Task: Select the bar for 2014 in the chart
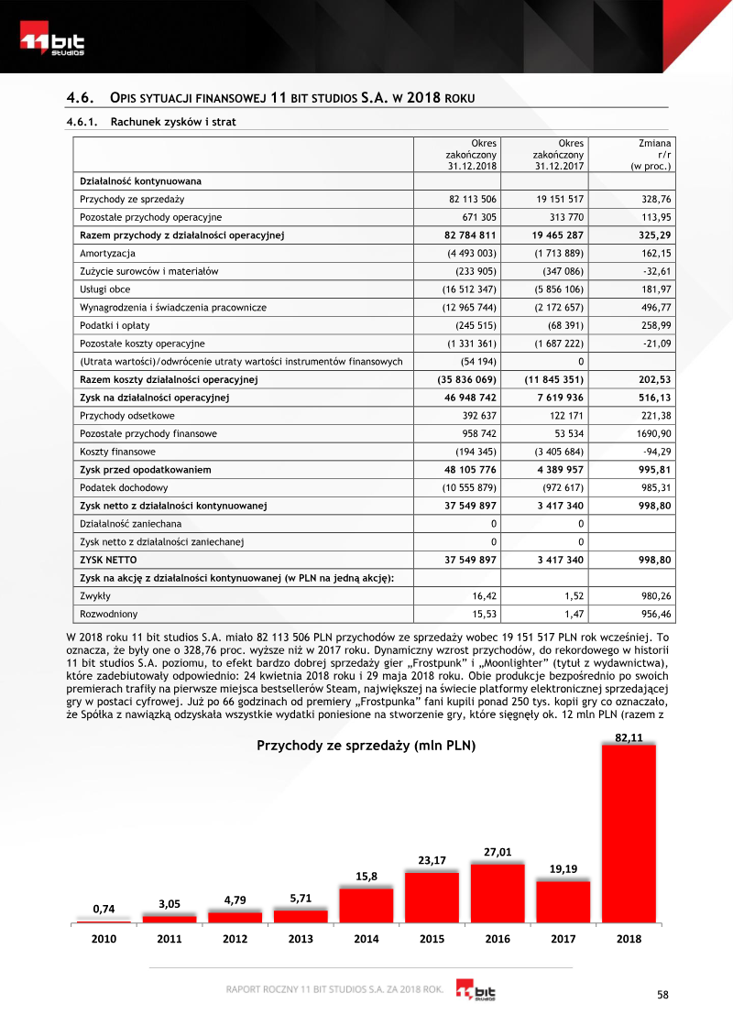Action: (x=366, y=904)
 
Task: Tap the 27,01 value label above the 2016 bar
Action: (x=498, y=852)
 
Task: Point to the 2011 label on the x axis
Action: (x=170, y=938)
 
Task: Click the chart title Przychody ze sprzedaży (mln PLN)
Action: (x=366, y=746)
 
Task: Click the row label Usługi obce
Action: (x=105, y=289)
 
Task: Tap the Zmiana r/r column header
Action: (x=651, y=155)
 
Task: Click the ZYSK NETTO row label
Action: (x=109, y=559)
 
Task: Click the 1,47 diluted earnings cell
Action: (x=573, y=613)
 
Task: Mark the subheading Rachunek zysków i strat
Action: (x=173, y=121)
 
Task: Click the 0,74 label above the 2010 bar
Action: (x=104, y=909)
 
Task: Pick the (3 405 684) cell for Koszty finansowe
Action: (x=554, y=452)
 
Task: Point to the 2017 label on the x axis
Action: (x=563, y=938)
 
